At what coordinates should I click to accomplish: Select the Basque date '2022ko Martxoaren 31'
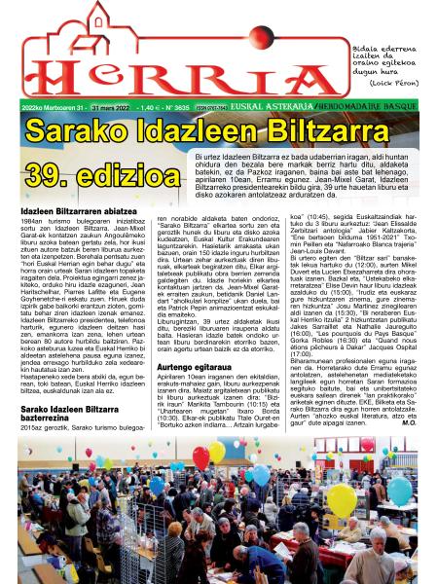(x=43, y=108)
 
